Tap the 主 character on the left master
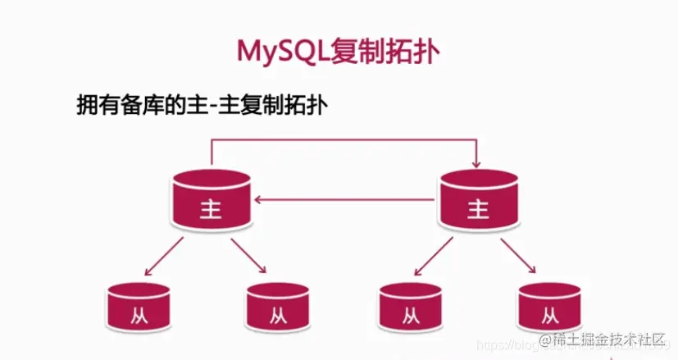click(211, 209)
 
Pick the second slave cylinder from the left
click(276, 307)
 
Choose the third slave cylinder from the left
click(409, 307)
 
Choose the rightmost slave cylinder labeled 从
click(548, 307)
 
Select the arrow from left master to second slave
click(249, 256)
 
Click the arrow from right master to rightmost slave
click(521, 256)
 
